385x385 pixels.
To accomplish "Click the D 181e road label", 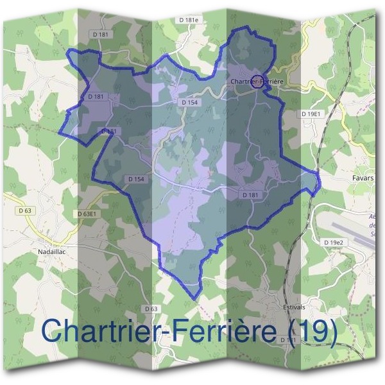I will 189,21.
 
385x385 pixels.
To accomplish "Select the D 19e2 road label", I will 334,242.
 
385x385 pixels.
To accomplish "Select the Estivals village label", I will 294,307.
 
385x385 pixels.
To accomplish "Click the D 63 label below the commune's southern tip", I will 151,309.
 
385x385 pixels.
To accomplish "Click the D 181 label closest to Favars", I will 251,194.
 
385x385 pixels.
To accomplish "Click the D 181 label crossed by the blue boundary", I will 109,131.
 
